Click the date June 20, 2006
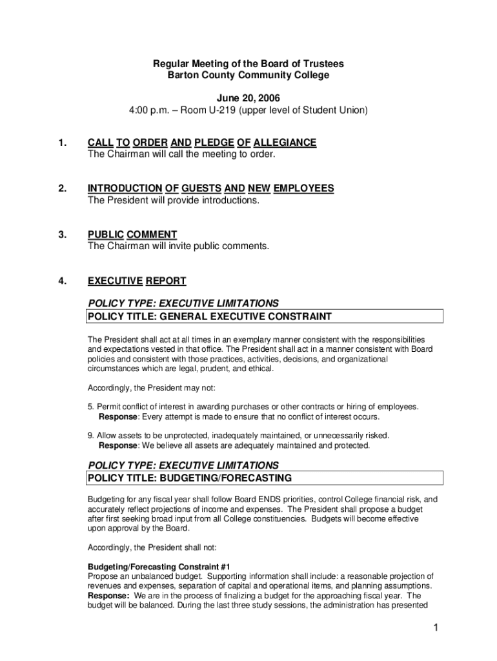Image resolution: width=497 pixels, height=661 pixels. (x=248, y=97)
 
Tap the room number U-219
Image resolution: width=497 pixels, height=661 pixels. (x=218, y=110)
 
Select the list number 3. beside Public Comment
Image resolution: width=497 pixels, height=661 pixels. (x=61, y=234)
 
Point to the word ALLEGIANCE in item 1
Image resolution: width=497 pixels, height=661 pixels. (x=285, y=143)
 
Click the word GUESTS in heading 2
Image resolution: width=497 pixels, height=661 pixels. (x=201, y=188)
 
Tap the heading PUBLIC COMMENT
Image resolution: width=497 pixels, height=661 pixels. (x=132, y=234)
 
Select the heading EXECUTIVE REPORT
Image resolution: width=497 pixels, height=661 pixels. (x=137, y=281)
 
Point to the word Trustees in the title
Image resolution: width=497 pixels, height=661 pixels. (x=323, y=63)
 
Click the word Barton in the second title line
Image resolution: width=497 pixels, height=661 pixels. (x=181, y=75)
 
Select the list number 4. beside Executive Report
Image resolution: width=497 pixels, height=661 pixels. (x=61, y=281)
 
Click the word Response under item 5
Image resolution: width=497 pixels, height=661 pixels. (x=117, y=416)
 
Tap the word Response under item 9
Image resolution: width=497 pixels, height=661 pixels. (x=117, y=445)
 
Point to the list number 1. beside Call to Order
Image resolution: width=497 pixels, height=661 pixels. (x=61, y=143)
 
